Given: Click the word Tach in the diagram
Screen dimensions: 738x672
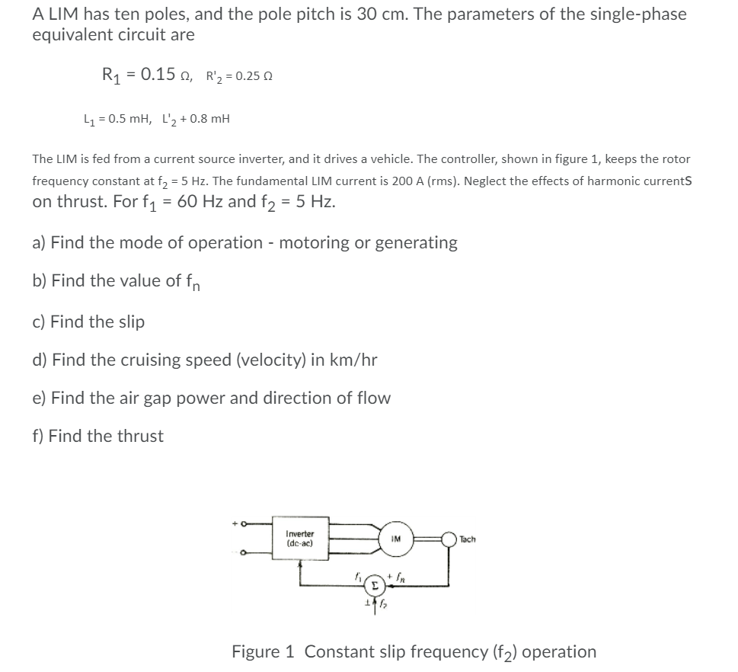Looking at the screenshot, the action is click(468, 539).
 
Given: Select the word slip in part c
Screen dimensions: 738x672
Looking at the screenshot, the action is click(129, 322).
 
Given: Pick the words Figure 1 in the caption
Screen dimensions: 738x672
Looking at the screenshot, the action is click(263, 651).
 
